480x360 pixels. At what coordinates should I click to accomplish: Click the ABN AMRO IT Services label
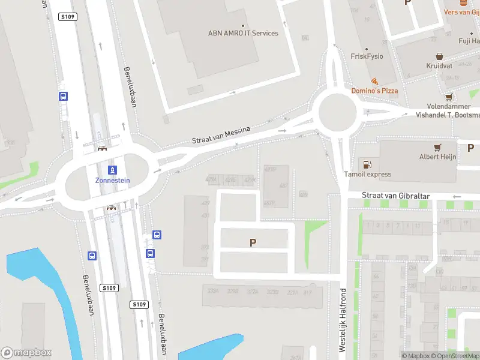coord(243,33)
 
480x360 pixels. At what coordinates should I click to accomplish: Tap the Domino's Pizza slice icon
coord(374,81)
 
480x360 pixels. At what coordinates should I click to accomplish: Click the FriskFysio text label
coord(367,56)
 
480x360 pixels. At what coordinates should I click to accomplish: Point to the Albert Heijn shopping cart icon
coord(438,147)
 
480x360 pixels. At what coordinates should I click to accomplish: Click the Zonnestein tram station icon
coord(112,170)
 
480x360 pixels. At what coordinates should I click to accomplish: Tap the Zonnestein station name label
coord(112,180)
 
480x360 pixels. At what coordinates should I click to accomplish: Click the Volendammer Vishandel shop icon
coord(448,97)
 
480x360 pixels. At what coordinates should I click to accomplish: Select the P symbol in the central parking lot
coord(253,243)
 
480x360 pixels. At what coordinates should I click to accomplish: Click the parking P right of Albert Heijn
coord(470,148)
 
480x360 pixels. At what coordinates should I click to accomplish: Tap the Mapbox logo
coord(26,353)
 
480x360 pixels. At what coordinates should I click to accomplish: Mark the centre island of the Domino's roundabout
coord(337,110)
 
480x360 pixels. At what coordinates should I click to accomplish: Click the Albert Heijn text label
coord(438,157)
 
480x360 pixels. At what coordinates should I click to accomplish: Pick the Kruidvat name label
coord(439,65)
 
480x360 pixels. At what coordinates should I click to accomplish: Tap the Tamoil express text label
coord(368,175)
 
